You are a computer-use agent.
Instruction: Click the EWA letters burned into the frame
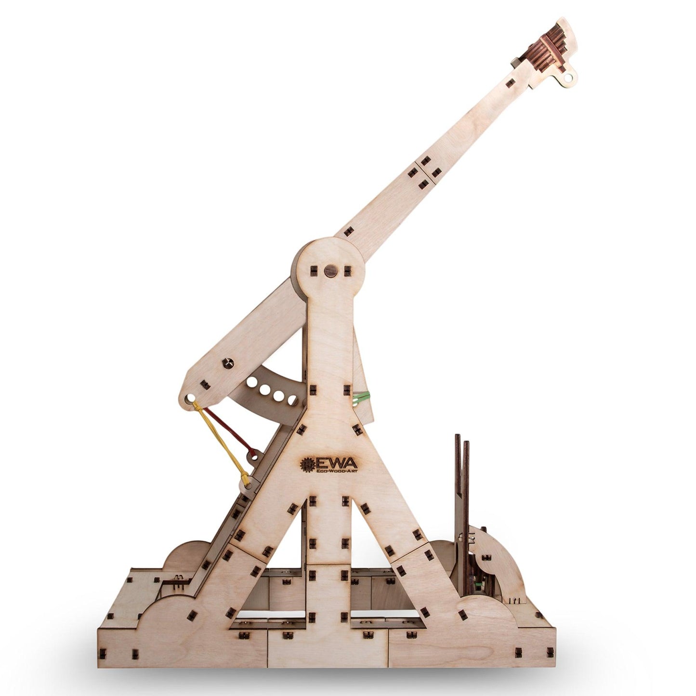click(x=336, y=463)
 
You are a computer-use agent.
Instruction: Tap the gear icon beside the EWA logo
click(x=307, y=465)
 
